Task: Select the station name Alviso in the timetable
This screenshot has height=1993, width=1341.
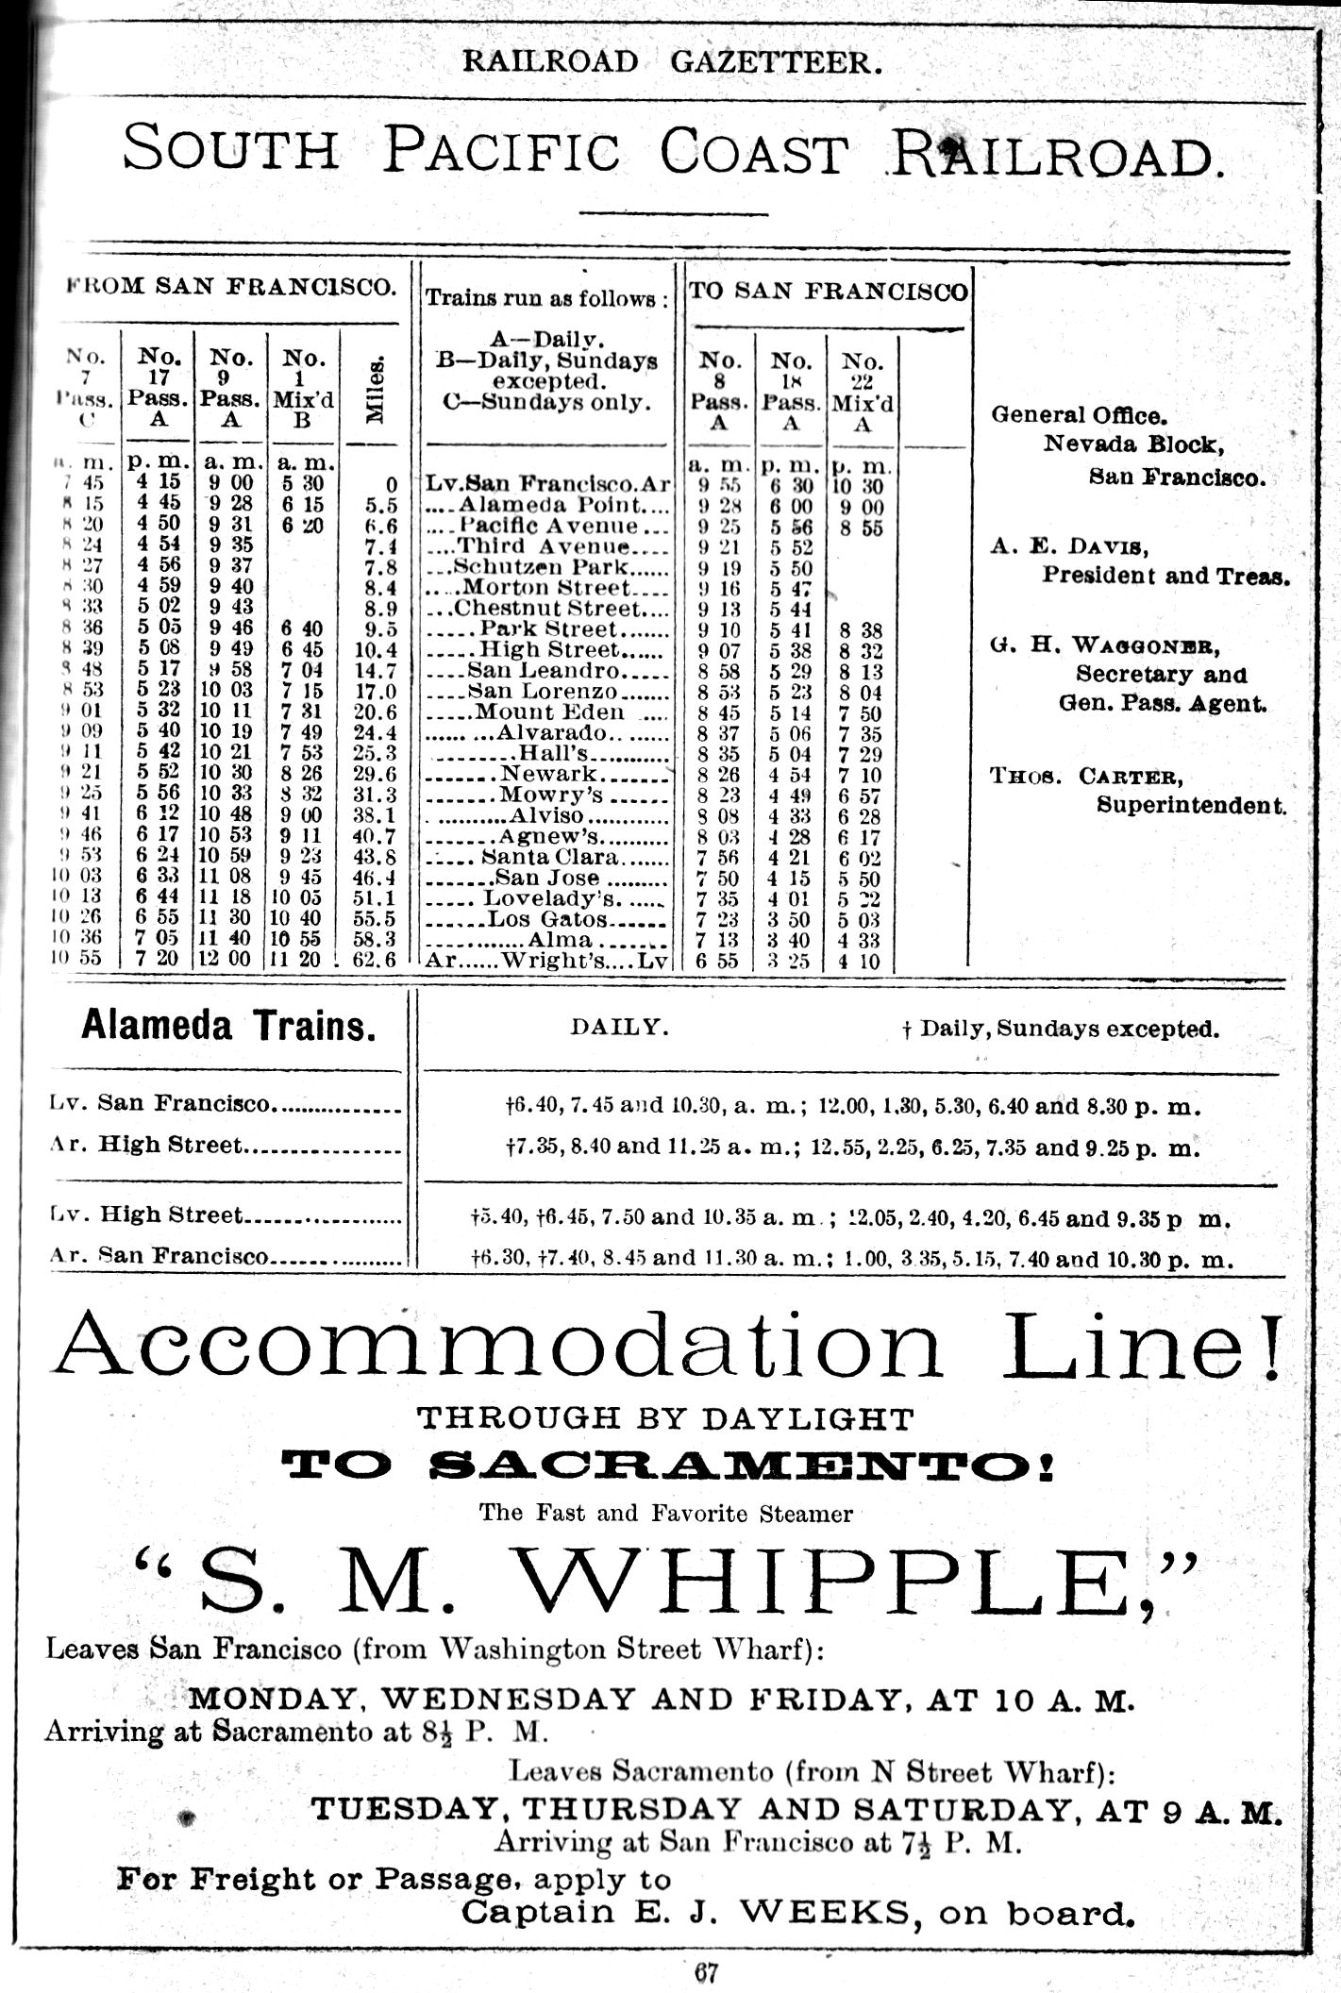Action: tap(547, 815)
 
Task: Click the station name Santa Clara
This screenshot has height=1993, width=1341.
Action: tap(550, 857)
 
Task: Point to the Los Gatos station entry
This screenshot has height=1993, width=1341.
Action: tap(547, 919)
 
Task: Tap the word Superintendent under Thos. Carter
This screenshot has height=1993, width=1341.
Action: tap(1190, 806)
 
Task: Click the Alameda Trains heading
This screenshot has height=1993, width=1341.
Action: tap(228, 1026)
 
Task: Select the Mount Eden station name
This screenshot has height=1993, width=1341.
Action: tap(549, 712)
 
